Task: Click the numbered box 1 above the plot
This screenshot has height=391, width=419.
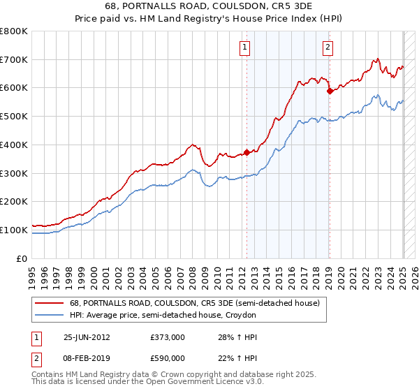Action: [x=246, y=47]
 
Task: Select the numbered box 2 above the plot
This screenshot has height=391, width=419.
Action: [x=328, y=47]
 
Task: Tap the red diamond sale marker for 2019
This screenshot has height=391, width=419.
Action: [x=329, y=90]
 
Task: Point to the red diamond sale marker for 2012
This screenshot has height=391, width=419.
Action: [x=247, y=152]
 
